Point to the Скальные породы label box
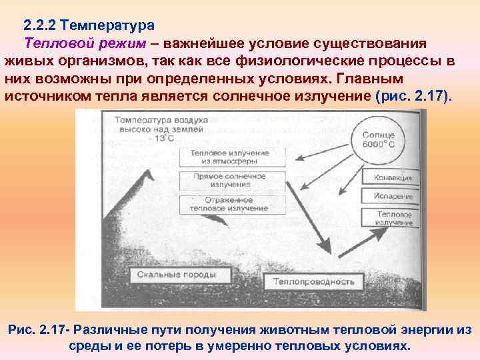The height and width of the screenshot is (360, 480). coord(177,274)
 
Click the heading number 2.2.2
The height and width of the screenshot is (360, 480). coord(39,26)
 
